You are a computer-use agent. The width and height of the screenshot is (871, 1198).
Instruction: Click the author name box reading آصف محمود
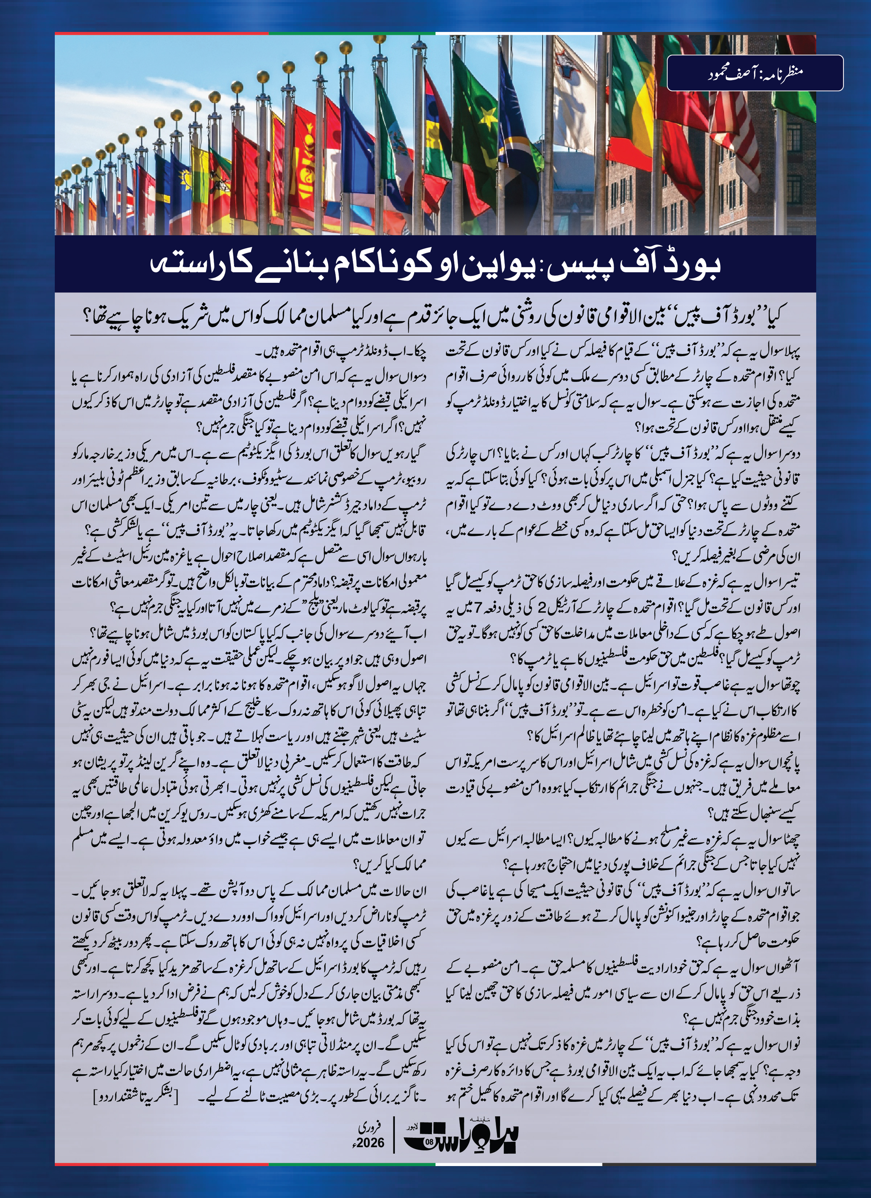pos(755,73)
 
